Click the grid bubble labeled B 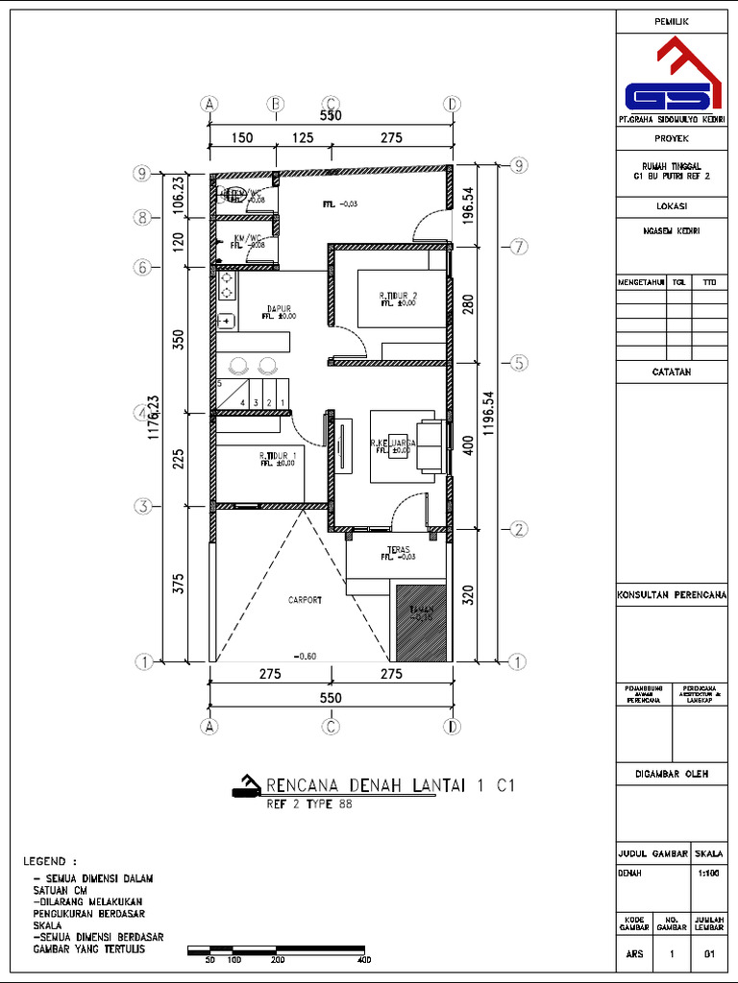pos(275,104)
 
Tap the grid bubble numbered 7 pos(518,247)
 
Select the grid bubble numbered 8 pos(142,218)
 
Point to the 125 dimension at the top pos(303,138)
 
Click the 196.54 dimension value pos(469,204)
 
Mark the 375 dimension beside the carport pos(179,585)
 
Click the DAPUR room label pos(279,309)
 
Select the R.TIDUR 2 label pos(398,296)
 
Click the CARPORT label pos(305,600)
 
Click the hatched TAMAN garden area pos(422,622)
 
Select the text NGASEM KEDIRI pos(671,231)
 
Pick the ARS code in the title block pos(634,953)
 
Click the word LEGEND pos(49,861)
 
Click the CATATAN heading pos(671,372)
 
